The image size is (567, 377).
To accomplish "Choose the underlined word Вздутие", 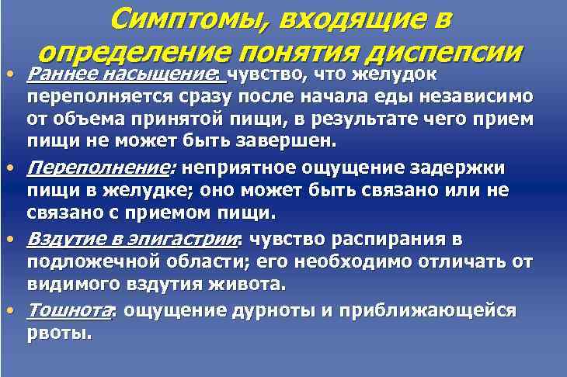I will (64, 239).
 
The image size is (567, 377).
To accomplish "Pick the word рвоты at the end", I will (58, 334).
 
